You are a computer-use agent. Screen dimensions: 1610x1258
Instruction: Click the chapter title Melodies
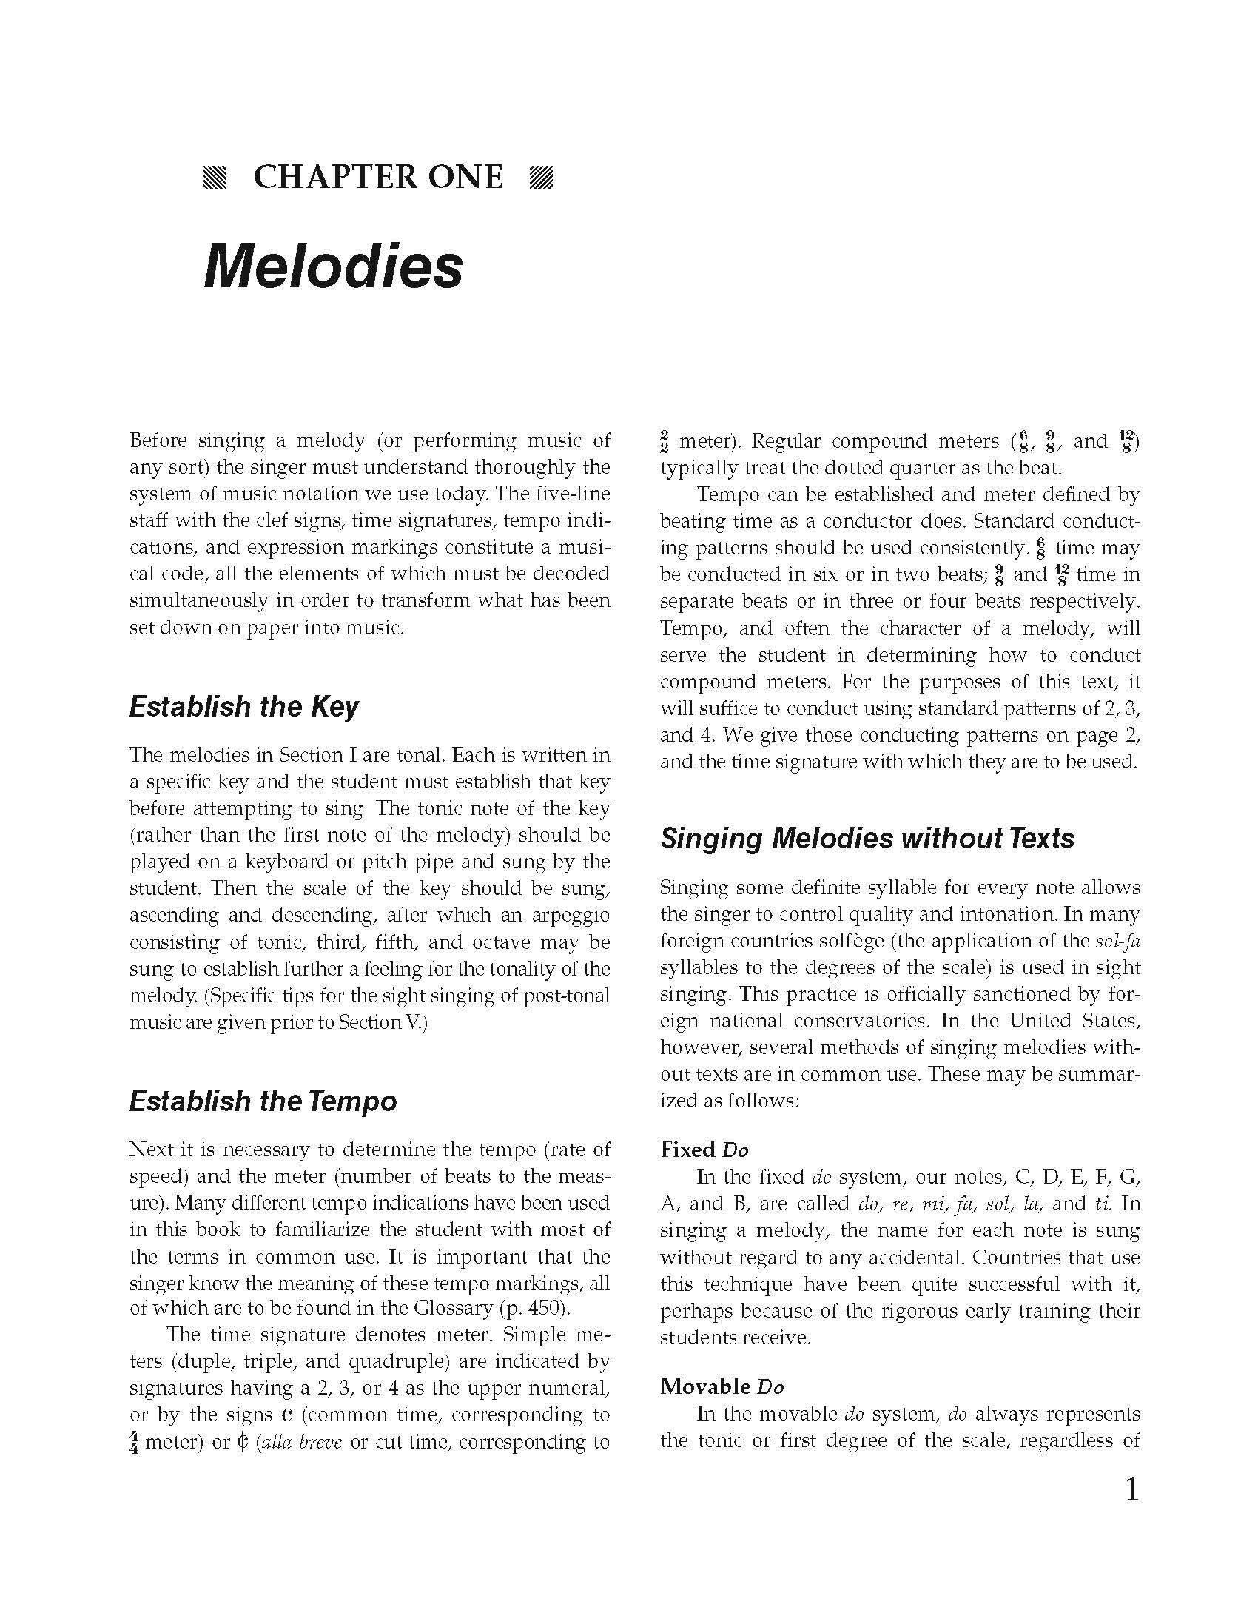pos(333,267)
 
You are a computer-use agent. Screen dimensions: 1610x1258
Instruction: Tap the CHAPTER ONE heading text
pos(378,178)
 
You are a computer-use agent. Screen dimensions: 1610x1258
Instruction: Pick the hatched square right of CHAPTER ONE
pos(542,178)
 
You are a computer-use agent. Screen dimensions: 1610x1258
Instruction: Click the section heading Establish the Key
pos(243,707)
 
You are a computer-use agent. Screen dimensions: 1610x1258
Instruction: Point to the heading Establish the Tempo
pos(263,1101)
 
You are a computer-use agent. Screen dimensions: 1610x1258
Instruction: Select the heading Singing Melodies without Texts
pos(867,839)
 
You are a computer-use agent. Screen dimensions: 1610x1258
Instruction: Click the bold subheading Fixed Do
pos(704,1150)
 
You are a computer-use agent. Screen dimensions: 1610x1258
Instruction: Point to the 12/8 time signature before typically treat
pos(1126,442)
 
